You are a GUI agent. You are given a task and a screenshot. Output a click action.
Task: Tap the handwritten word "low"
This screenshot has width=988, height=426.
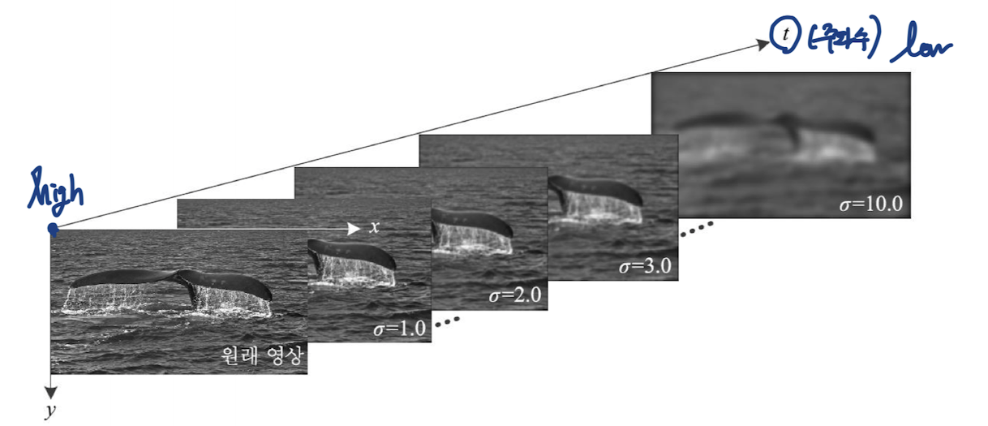(921, 48)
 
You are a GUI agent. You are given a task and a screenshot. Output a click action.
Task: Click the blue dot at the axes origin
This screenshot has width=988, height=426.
(53, 230)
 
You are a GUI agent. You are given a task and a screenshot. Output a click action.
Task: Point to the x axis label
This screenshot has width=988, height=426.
(374, 228)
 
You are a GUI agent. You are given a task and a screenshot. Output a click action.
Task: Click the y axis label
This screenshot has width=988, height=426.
(50, 411)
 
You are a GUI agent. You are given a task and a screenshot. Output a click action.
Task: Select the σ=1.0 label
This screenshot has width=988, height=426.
(399, 330)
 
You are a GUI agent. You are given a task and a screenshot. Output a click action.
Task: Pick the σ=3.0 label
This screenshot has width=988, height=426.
(642, 267)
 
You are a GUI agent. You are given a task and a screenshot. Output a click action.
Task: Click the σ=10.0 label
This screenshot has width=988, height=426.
(870, 204)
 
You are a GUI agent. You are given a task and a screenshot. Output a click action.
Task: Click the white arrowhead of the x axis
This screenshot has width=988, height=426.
(354, 229)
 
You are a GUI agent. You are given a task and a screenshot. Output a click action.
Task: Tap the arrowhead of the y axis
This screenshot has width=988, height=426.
(51, 388)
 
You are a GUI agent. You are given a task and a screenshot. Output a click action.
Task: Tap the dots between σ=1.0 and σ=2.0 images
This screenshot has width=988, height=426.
(447, 321)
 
